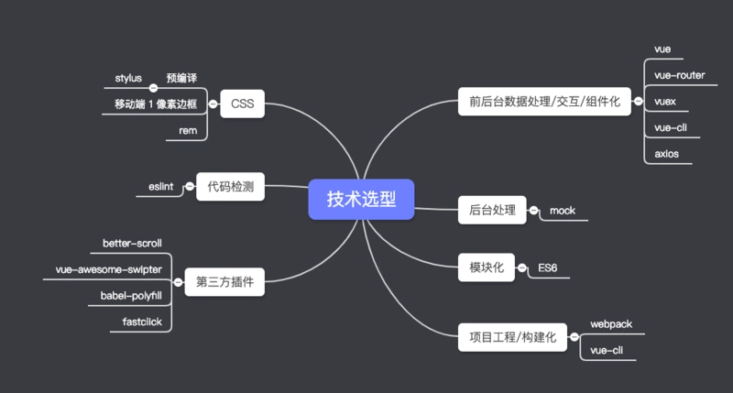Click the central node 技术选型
coord(362,199)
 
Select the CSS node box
coord(242,104)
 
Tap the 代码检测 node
coord(230,188)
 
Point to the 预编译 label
coord(181,78)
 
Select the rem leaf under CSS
coord(188,131)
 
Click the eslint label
coord(161,188)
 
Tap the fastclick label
coord(142,322)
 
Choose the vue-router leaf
coord(679,75)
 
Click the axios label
coord(666,154)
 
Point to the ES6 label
coord(548,268)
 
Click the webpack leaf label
coord(611,324)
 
